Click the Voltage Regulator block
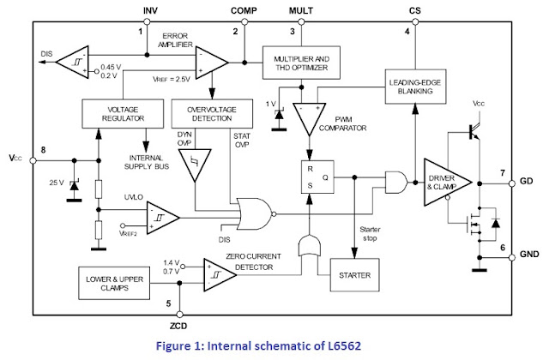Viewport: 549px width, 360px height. click(123, 114)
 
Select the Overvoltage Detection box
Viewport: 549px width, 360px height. click(212, 114)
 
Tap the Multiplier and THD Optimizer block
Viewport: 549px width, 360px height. click(301, 63)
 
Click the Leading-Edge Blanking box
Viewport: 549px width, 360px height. click(415, 87)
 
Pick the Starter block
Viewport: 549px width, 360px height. click(354, 275)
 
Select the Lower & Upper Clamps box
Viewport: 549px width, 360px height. click(114, 284)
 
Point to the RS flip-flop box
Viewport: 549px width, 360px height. click(317, 177)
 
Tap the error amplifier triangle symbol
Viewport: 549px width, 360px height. click(209, 63)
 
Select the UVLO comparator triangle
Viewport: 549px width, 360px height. click(161, 218)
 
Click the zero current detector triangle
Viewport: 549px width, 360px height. click(218, 275)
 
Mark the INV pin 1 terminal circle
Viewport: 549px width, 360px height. click(147, 22)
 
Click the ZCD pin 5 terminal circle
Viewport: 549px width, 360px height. click(179, 315)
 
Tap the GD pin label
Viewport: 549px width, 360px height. click(526, 181)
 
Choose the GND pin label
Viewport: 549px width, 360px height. click(529, 254)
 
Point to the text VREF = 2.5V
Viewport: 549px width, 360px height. click(172, 79)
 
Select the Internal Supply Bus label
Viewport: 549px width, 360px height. click(147, 162)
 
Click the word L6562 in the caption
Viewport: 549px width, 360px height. click(345, 346)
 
